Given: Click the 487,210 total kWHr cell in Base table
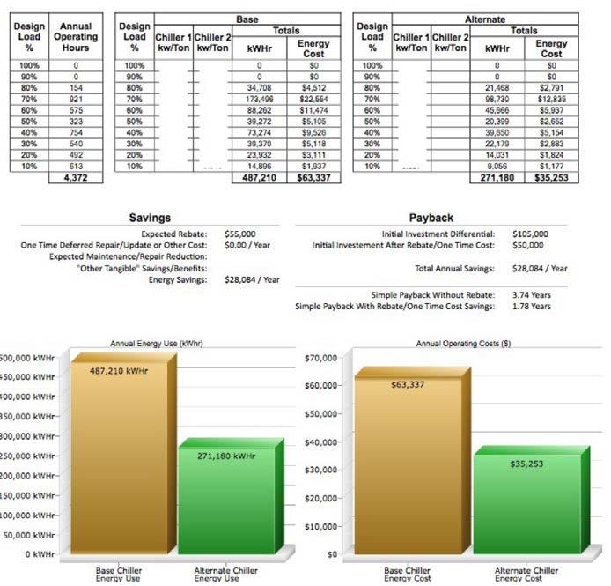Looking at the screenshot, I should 260,177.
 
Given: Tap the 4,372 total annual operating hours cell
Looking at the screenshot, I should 76,177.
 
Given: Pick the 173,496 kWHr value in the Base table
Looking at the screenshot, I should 259,98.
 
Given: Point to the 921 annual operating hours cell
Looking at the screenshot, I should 76,98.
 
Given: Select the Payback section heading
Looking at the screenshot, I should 431,217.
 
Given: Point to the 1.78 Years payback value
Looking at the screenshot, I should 531,306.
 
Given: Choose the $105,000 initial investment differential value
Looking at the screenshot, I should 530,234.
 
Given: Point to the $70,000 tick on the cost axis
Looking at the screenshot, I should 320,358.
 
